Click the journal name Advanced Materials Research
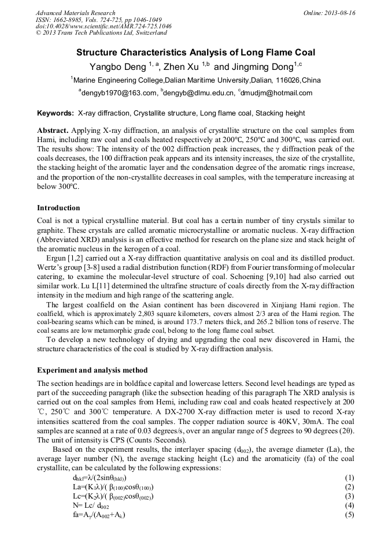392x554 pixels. click(x=75, y=13)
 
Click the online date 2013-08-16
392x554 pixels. click(x=340, y=13)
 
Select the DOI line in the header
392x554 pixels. click(x=103, y=27)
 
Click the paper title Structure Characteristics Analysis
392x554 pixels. click(x=196, y=52)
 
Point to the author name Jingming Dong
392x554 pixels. click(x=262, y=67)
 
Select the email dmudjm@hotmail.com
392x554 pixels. click(x=277, y=92)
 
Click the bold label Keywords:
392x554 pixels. click(x=56, y=113)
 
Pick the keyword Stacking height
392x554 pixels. click(x=280, y=113)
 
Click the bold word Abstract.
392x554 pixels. click(x=53, y=131)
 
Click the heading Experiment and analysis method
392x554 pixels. click(x=92, y=370)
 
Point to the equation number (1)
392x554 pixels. click(x=349, y=478)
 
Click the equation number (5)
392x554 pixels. click(x=349, y=515)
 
